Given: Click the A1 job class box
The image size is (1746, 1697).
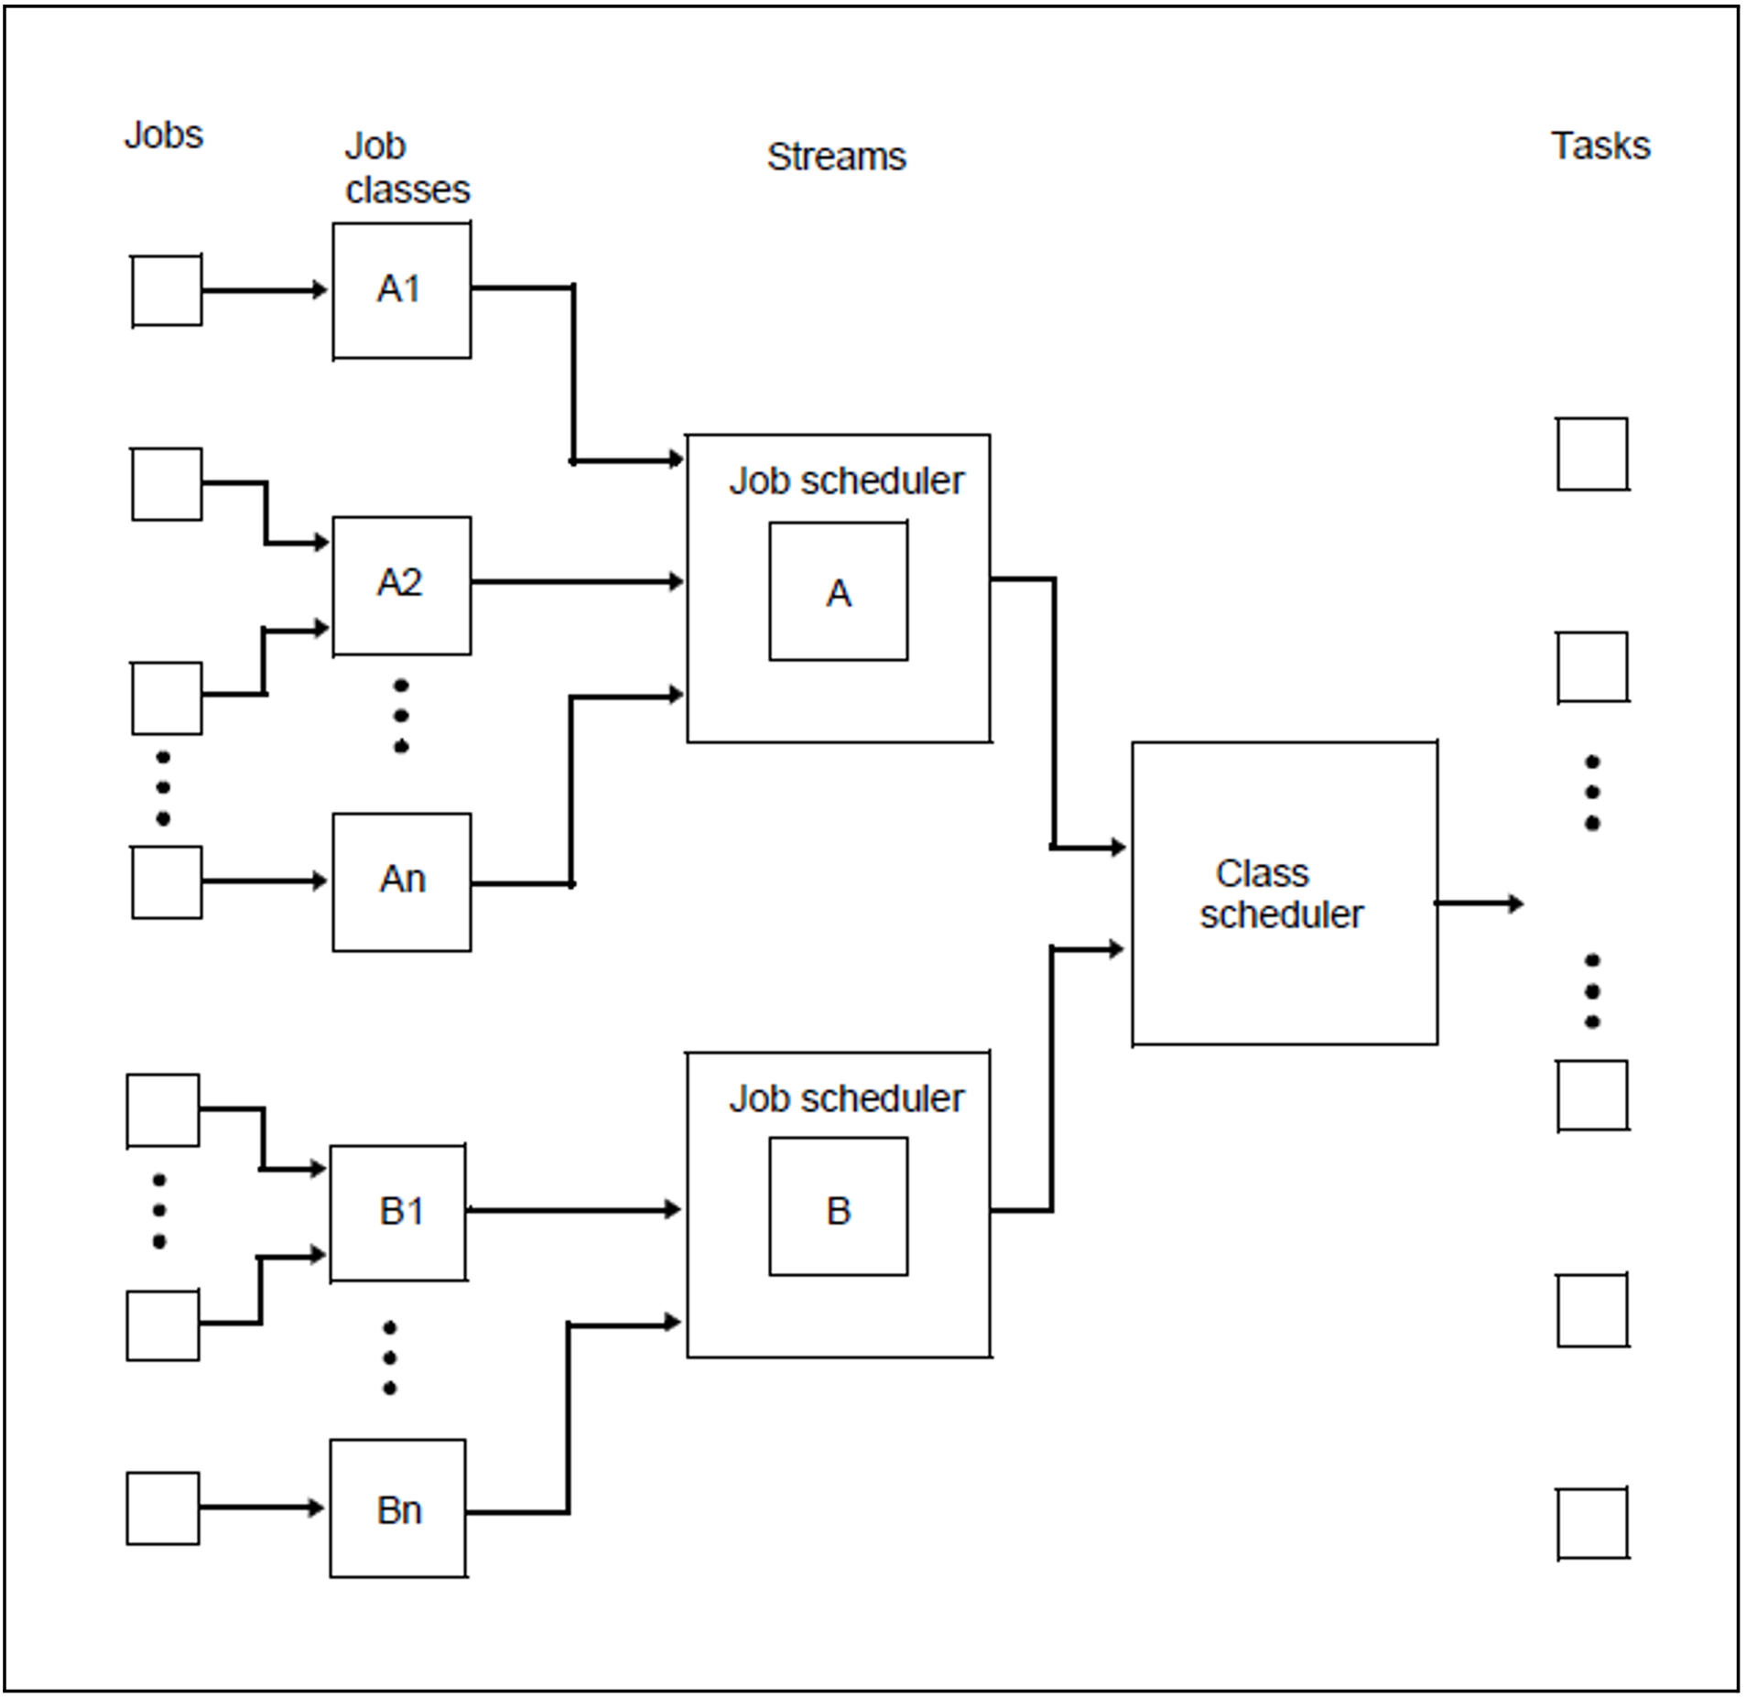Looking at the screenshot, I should (x=401, y=290).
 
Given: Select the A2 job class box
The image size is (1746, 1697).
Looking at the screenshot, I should (x=401, y=585).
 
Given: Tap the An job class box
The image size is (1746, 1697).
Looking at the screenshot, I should (x=401, y=881).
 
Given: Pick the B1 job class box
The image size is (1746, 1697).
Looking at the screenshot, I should (x=398, y=1212).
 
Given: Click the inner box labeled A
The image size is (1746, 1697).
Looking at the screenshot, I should (x=838, y=591).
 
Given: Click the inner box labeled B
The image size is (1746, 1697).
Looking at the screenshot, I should (x=838, y=1206).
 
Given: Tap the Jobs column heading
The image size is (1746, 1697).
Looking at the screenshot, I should (x=163, y=135).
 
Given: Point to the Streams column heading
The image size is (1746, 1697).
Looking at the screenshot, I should (x=836, y=157).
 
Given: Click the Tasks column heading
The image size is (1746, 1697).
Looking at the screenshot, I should (x=1600, y=146).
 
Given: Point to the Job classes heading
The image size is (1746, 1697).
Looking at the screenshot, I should (x=407, y=168).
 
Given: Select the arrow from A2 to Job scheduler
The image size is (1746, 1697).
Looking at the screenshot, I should (x=577, y=581).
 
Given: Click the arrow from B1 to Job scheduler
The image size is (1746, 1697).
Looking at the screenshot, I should (x=573, y=1210).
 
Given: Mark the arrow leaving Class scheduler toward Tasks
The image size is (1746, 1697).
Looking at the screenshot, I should (x=1478, y=903).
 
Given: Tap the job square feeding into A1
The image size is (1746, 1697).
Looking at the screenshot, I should (x=167, y=290).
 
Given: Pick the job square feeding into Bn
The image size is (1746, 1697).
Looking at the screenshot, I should (x=163, y=1508).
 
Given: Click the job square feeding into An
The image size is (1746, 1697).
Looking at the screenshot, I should (x=167, y=881).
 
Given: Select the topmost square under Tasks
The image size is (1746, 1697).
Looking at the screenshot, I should (x=1592, y=454).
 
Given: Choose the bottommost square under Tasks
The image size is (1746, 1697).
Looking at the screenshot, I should (x=1592, y=1524).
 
